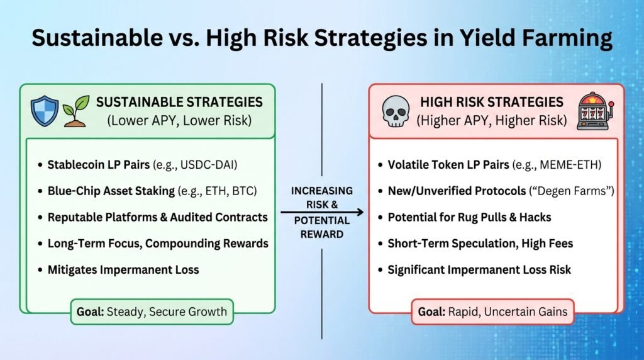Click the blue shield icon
(45, 111)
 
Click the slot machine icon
(593, 111)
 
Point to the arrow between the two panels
(322, 213)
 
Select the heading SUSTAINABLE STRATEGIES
(179, 102)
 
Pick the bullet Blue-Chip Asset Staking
(111, 191)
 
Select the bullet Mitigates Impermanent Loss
(123, 269)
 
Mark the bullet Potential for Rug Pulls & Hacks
(469, 217)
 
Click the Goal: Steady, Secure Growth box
(151, 311)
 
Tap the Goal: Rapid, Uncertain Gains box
(492, 311)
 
